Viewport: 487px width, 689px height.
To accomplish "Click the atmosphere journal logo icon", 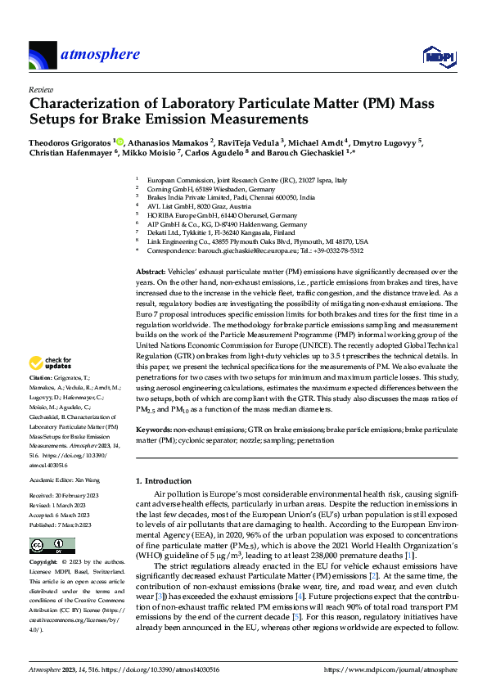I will (x=42, y=56).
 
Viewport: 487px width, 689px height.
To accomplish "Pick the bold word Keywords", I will (x=154, y=429).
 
